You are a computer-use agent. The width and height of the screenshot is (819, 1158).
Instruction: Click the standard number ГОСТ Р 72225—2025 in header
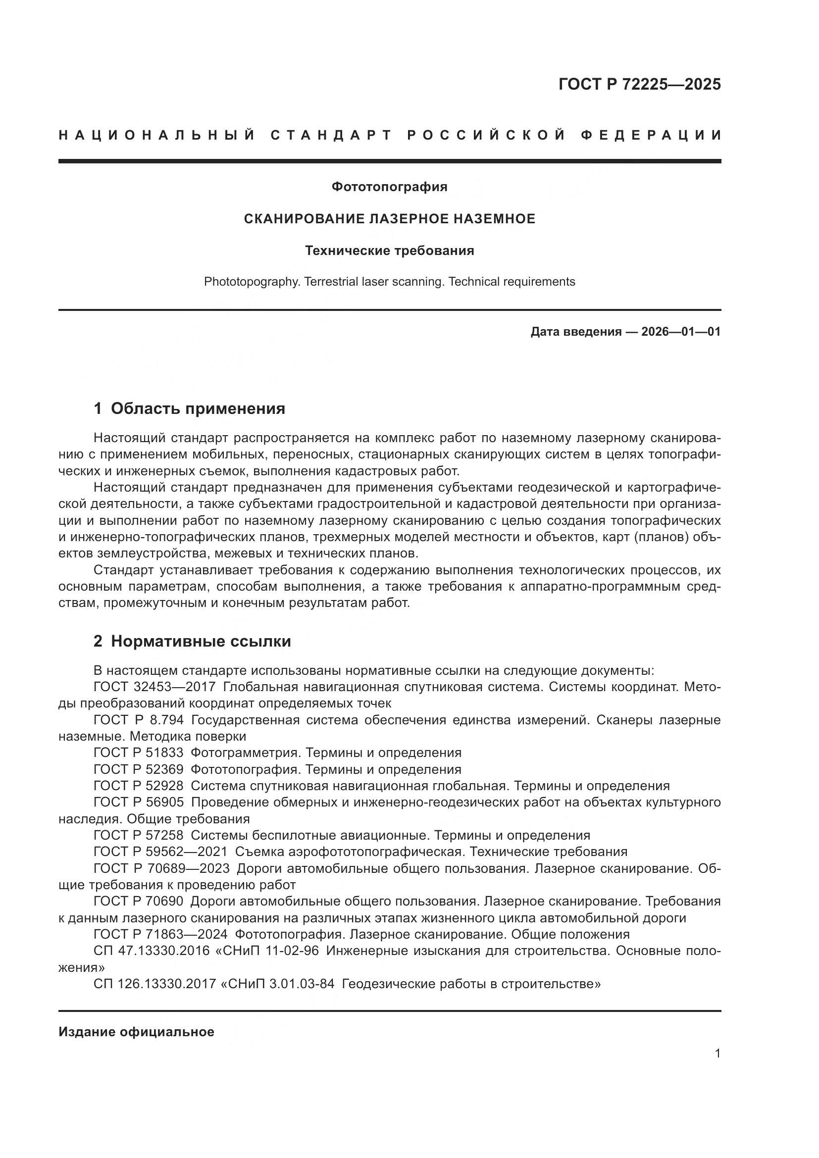(x=639, y=84)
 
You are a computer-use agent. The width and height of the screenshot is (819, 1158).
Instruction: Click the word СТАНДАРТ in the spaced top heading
(x=331, y=135)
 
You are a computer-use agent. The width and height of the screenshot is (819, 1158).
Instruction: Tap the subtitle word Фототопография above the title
(x=389, y=187)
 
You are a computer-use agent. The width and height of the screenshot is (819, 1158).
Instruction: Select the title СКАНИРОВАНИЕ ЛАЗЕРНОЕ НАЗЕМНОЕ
(x=389, y=219)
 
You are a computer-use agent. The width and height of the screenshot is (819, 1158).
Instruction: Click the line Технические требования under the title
(x=389, y=251)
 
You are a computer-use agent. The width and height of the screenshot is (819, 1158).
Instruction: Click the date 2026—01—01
(x=681, y=331)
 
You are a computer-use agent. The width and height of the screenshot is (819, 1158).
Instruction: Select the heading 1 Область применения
(x=189, y=408)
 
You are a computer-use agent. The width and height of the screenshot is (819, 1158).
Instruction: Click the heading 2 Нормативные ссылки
(x=192, y=641)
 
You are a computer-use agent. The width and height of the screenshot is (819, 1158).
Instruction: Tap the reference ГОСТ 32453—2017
(x=154, y=687)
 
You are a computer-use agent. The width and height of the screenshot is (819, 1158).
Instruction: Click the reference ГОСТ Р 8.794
(x=138, y=720)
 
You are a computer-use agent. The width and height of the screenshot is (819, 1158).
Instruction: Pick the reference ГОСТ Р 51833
(x=138, y=753)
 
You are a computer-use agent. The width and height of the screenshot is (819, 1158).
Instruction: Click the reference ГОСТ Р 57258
(x=138, y=835)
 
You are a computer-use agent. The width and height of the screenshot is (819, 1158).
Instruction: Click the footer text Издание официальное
(x=136, y=1032)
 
